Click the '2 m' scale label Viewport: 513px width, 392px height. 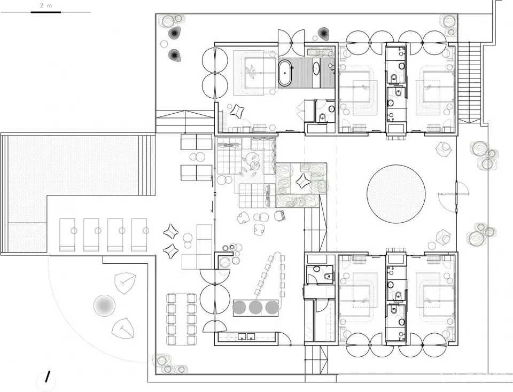click(x=46, y=5)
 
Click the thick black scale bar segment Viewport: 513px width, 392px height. click(x=46, y=12)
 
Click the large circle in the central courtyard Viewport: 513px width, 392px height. click(x=396, y=193)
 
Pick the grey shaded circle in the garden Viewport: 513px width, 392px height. click(x=104, y=305)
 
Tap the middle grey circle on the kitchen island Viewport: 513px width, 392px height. click(x=255, y=307)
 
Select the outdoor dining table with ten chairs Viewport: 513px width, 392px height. click(x=182, y=319)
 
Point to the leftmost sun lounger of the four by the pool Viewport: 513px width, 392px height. click(x=67, y=235)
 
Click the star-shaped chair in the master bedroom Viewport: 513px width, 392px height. click(x=237, y=111)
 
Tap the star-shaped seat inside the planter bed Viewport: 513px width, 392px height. click(x=301, y=181)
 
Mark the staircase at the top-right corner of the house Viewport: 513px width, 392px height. click(x=469, y=82)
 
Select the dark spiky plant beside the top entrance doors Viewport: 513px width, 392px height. click(x=323, y=33)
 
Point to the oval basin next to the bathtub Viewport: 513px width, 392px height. click(x=316, y=68)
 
